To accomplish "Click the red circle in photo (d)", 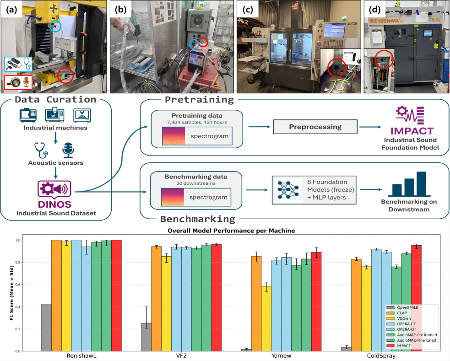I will click(384, 59).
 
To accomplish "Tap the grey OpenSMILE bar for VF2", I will click(146, 337).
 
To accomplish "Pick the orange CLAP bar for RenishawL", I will click(56, 296).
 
